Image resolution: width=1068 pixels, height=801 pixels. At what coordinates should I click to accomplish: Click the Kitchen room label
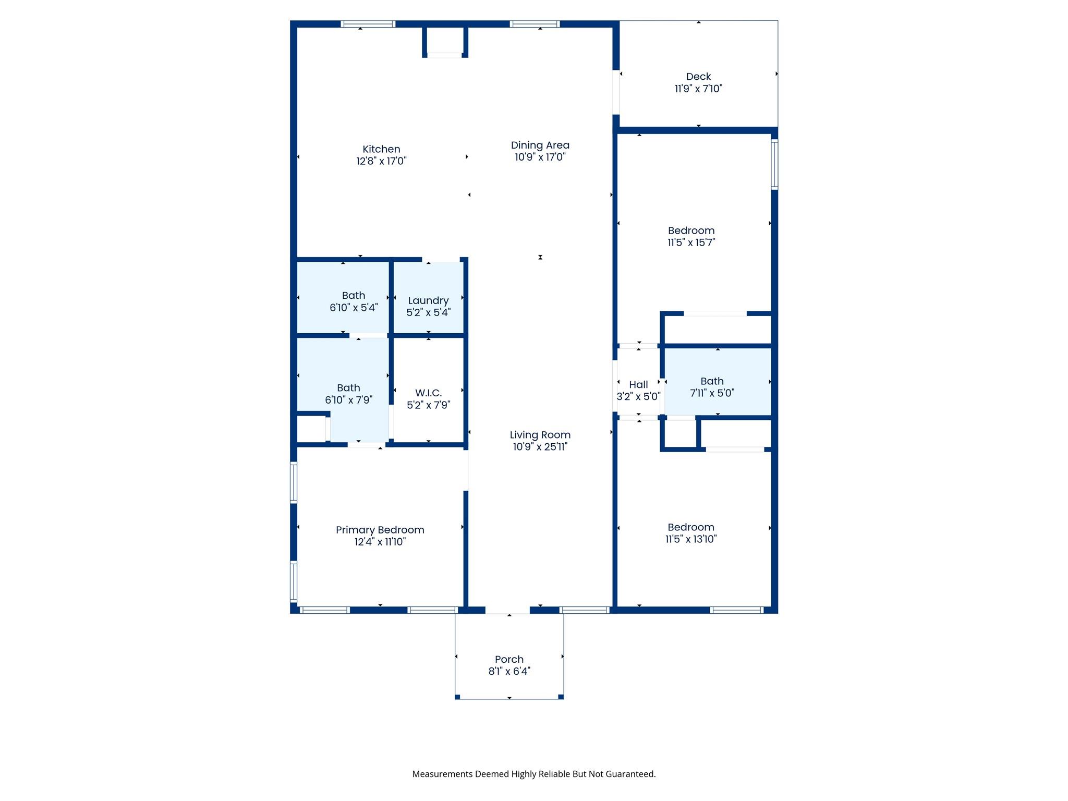(381, 149)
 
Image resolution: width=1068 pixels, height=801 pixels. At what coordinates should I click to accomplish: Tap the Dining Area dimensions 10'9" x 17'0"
(540, 157)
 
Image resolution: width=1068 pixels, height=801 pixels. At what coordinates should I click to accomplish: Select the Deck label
(698, 77)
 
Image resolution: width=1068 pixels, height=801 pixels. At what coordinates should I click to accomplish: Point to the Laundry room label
(428, 300)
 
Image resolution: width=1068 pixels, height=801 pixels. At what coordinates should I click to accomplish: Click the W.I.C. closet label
(428, 393)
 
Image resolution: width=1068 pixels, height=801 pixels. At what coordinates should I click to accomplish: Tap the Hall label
(638, 385)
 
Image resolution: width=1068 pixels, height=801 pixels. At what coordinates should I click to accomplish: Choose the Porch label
(509, 659)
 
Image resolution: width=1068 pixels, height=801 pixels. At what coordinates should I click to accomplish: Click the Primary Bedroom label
(380, 530)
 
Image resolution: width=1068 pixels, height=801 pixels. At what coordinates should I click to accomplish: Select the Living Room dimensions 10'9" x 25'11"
(540, 447)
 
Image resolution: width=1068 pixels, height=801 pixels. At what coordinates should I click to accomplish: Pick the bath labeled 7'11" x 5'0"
(712, 387)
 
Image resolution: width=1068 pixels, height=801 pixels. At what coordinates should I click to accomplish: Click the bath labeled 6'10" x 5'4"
(353, 301)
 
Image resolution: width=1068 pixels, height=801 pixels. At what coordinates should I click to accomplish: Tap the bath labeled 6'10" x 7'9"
(348, 394)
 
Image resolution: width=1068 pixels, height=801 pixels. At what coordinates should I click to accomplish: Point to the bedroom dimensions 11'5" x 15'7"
(691, 242)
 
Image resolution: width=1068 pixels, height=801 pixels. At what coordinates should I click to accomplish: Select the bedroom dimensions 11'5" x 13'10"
(691, 539)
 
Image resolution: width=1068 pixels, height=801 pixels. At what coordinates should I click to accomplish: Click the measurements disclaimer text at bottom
(533, 774)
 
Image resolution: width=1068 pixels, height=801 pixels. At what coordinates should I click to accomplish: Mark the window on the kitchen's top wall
(368, 24)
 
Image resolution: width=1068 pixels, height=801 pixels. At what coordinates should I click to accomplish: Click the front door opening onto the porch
(507, 610)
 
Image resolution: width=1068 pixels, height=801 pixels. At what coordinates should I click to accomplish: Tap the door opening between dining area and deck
(616, 92)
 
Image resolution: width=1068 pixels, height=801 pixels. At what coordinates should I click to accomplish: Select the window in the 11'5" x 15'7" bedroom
(774, 164)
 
